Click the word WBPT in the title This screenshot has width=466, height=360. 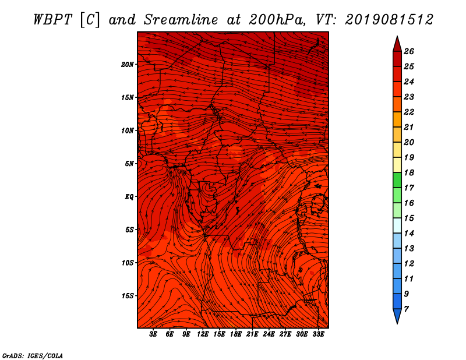pyautogui.click(x=52, y=20)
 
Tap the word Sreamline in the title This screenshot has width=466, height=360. pyautogui.click(x=181, y=20)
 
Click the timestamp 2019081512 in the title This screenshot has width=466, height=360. pyautogui.click(x=389, y=20)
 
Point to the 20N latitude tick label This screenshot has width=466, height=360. pyautogui.click(x=128, y=65)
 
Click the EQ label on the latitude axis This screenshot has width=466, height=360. pyautogui.click(x=129, y=197)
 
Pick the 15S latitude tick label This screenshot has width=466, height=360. pyautogui.click(x=128, y=296)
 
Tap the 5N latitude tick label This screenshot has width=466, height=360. pyautogui.click(x=129, y=164)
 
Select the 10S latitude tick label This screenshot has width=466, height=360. pyautogui.click(x=128, y=263)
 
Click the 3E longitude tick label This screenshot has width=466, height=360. pyautogui.click(x=153, y=334)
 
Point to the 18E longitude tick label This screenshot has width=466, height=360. pyautogui.click(x=236, y=334)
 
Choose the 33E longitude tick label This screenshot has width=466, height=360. pyautogui.click(x=318, y=334)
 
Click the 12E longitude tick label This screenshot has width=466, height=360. pyautogui.click(x=203, y=334)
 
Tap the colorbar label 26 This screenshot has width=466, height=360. pyautogui.click(x=409, y=51)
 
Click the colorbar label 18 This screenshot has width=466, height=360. pyautogui.click(x=409, y=172)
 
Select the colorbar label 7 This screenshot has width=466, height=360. pyautogui.click(x=406, y=309)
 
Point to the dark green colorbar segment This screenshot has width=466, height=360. pyautogui.click(x=397, y=180)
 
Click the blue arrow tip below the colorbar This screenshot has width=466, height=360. pyautogui.click(x=397, y=323)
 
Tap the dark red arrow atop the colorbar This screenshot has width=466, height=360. pyautogui.click(x=397, y=44)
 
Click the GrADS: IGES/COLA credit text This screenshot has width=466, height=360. pyautogui.click(x=33, y=356)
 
